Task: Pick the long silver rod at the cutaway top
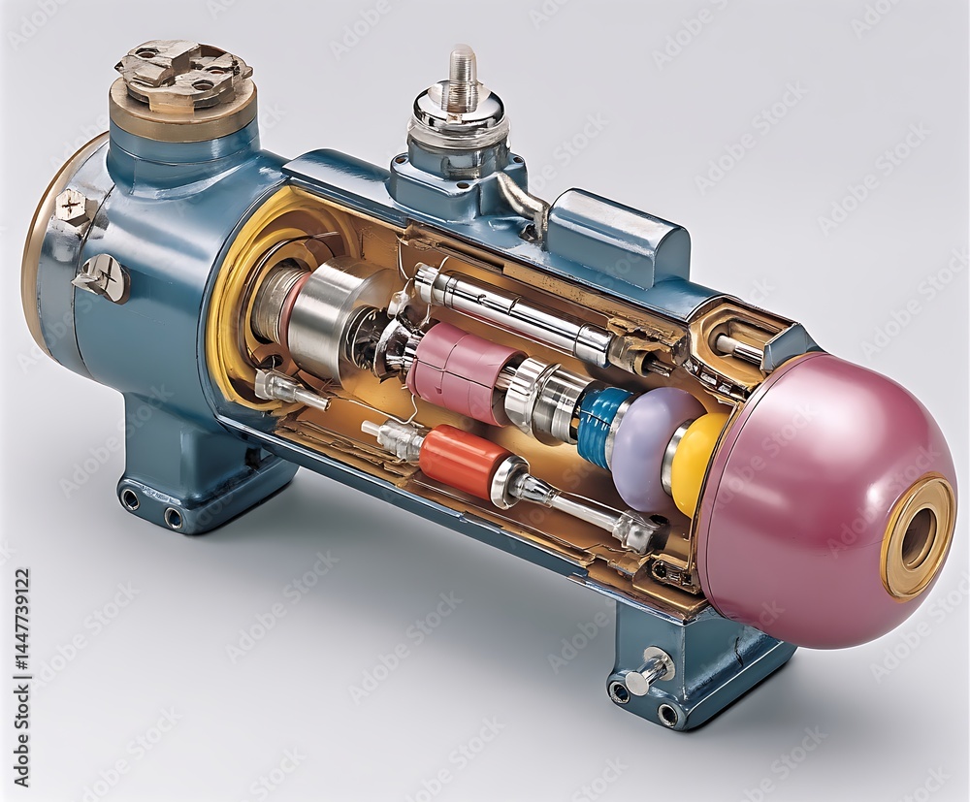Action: click(x=514, y=311)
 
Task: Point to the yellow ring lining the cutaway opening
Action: click(x=229, y=291)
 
